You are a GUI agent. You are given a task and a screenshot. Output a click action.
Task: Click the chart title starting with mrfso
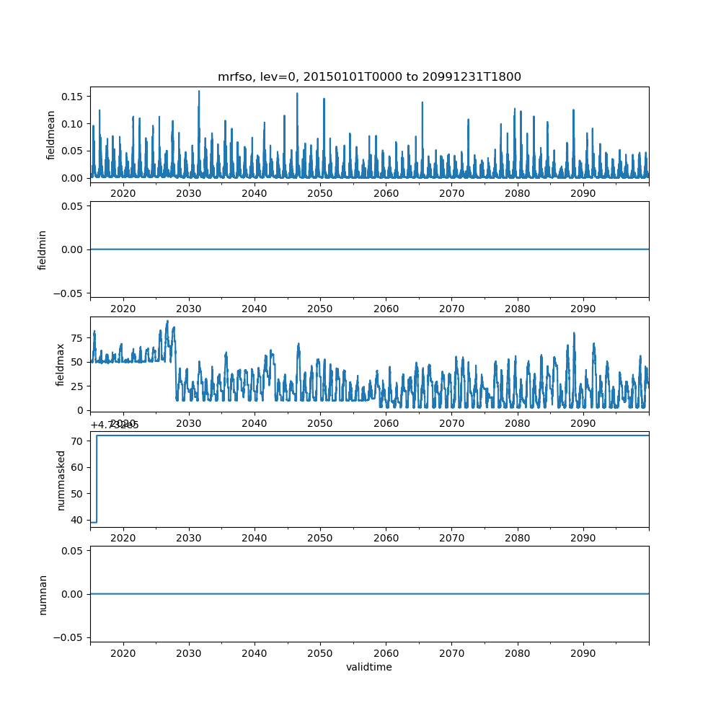pyautogui.click(x=369, y=76)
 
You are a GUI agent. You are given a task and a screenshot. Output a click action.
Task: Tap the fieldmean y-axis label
pyautogui.click(x=51, y=135)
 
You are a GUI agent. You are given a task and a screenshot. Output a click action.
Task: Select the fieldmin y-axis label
pyautogui.click(x=43, y=249)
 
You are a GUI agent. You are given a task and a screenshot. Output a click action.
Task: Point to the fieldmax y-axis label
pyautogui.click(x=61, y=364)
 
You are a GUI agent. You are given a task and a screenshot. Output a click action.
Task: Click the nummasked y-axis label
pyautogui.click(x=61, y=480)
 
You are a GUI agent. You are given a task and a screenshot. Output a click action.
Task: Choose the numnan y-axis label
pyautogui.click(x=43, y=594)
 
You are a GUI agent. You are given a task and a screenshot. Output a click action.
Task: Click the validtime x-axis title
pyautogui.click(x=369, y=668)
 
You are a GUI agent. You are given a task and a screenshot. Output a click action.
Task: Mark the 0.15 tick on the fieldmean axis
pyautogui.click(x=75, y=97)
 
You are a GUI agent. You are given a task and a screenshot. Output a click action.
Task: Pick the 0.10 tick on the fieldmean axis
pyautogui.click(x=75, y=124)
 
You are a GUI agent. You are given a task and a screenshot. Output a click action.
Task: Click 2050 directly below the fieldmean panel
pyautogui.click(x=320, y=194)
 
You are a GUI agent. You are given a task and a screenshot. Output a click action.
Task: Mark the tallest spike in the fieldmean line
pyautogui.click(x=199, y=92)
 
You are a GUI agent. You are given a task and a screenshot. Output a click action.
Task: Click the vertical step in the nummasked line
pyautogui.click(x=97, y=479)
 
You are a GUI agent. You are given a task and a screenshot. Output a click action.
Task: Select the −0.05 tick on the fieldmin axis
pyautogui.click(x=73, y=293)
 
